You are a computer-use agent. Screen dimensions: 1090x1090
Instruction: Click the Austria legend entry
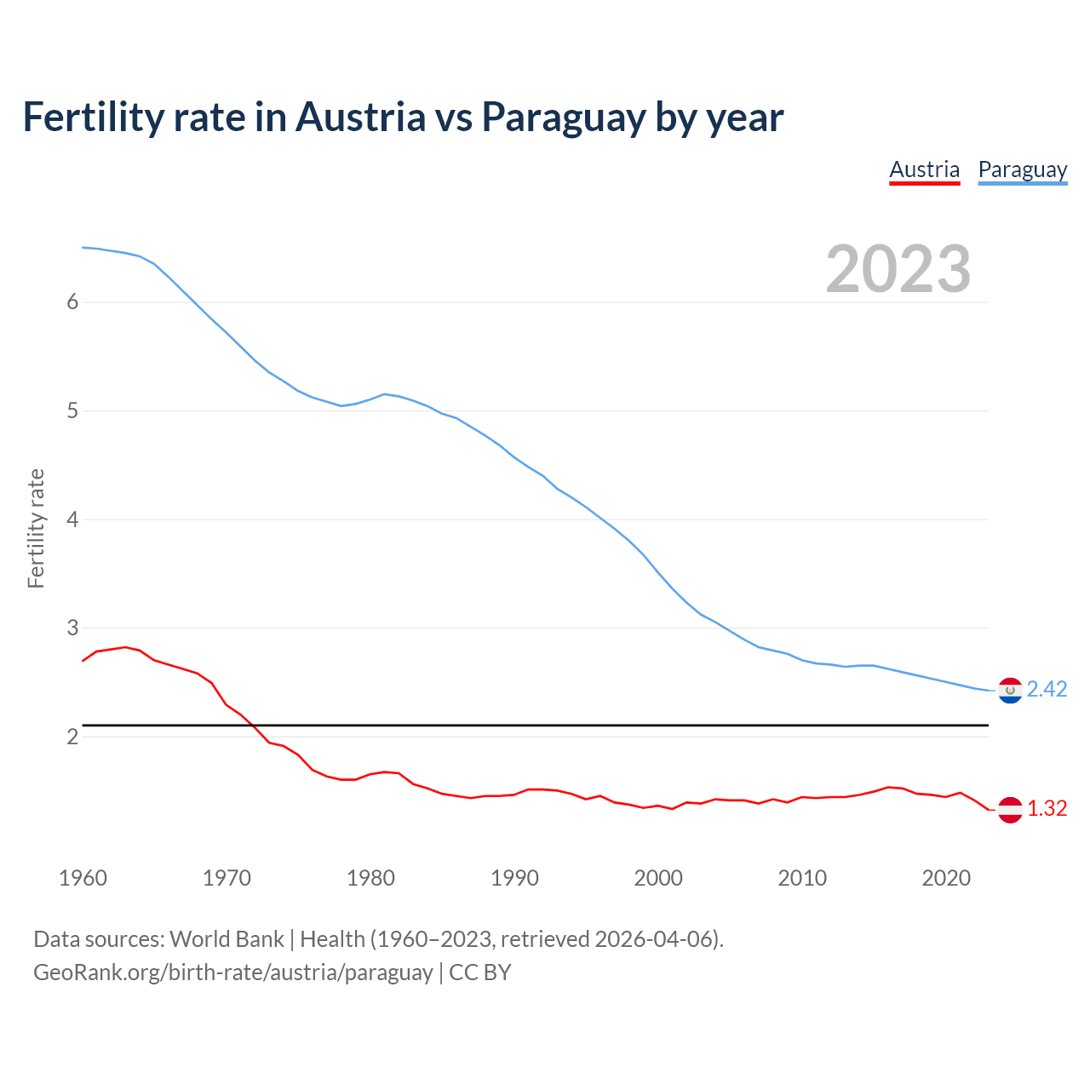pos(924,169)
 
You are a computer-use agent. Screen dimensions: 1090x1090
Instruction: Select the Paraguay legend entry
pos(1022,169)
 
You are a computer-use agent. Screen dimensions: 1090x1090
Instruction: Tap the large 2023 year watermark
pos(898,269)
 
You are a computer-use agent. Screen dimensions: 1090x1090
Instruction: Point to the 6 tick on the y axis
pos(72,302)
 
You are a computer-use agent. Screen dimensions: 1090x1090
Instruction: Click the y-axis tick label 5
pos(72,411)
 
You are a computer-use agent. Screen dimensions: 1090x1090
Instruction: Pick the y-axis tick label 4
pos(72,519)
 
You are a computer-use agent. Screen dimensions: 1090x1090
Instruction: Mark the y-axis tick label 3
pos(72,628)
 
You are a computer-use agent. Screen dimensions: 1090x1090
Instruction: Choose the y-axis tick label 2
pos(72,737)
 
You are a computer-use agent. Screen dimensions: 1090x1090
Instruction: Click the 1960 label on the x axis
pos(83,878)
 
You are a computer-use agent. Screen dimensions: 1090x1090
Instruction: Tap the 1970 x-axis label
pos(227,878)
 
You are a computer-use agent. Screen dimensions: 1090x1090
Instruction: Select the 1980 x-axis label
pos(370,878)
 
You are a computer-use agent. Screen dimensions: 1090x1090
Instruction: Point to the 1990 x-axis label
pos(514,878)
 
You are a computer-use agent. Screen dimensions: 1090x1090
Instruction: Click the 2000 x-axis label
pos(658,878)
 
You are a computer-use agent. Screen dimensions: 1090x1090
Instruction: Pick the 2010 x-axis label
pos(802,878)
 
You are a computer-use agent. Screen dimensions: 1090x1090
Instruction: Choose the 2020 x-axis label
pos(946,878)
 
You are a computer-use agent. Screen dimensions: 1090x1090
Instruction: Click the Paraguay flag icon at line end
pos(1010,690)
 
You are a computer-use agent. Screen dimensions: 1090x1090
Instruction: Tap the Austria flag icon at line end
pos(1010,809)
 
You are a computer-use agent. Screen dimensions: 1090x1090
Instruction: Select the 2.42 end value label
pos(1047,690)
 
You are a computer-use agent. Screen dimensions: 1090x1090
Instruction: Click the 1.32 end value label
pos(1047,809)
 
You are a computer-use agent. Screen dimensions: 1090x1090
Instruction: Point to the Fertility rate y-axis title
pos(36,528)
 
